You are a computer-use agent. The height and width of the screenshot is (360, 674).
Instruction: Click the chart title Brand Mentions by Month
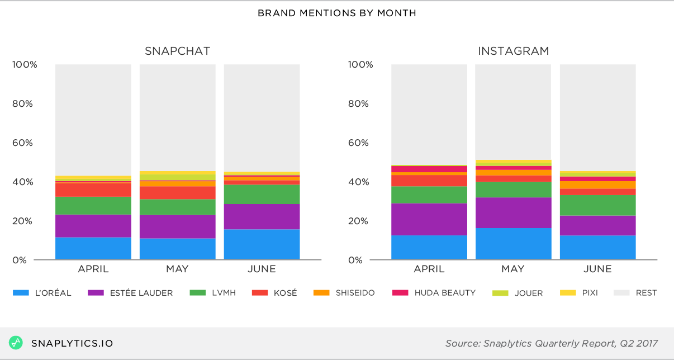pyautogui.click(x=336, y=13)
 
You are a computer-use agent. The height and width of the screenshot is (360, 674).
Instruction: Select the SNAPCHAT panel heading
pyautogui.click(x=177, y=51)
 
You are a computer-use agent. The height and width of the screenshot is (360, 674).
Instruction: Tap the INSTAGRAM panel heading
pyautogui.click(x=513, y=51)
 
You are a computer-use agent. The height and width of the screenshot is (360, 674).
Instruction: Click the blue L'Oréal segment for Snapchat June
pyautogui.click(x=262, y=244)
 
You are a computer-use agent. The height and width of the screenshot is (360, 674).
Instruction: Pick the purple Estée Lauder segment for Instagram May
pyautogui.click(x=513, y=212)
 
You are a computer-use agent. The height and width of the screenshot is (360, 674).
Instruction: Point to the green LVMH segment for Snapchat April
pyautogui.click(x=93, y=205)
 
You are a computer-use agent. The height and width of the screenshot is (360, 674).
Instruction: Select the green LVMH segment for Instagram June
pyautogui.click(x=597, y=205)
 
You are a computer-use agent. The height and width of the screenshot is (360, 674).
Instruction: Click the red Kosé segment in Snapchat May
pyautogui.click(x=177, y=193)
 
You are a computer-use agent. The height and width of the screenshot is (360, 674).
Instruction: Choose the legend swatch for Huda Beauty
pyautogui.click(x=403, y=292)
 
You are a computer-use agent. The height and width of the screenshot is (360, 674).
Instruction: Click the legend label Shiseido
pyautogui.click(x=355, y=292)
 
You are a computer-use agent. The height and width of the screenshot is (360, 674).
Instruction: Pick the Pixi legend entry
pyautogui.click(x=588, y=292)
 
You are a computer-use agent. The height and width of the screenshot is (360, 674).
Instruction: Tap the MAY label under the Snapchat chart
pyautogui.click(x=177, y=269)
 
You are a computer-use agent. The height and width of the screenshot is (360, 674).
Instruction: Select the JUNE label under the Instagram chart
pyautogui.click(x=597, y=269)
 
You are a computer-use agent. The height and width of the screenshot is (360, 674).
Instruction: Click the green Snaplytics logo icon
pyautogui.click(x=16, y=343)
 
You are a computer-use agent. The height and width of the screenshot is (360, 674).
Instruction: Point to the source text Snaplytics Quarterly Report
pyautogui.click(x=551, y=343)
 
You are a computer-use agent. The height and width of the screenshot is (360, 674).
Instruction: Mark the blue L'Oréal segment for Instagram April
pyautogui.click(x=429, y=247)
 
